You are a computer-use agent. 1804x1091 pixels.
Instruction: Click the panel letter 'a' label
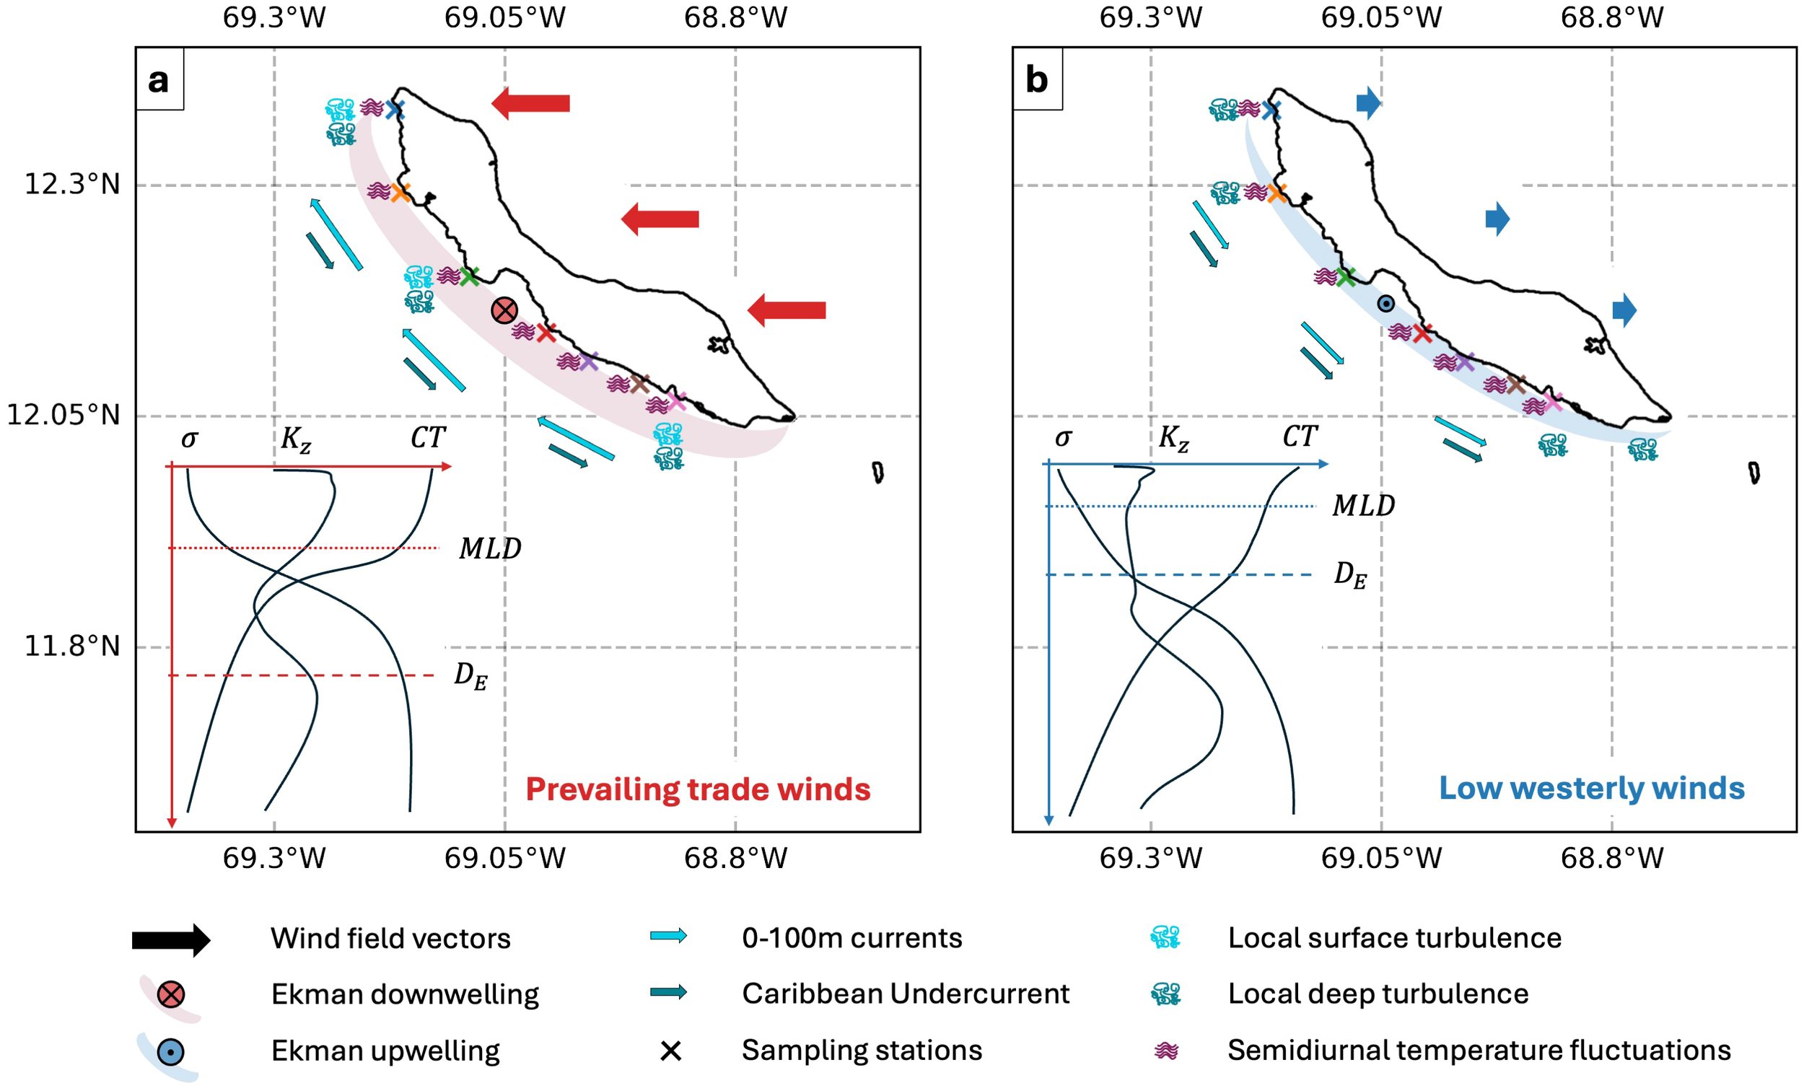point(158,80)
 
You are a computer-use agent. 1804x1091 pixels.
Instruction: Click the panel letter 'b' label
point(1036,80)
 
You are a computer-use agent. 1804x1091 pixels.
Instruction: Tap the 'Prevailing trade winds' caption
point(698,789)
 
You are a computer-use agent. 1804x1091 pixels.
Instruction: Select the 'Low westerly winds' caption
point(1592,788)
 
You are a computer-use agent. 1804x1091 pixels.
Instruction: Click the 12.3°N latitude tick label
point(71,184)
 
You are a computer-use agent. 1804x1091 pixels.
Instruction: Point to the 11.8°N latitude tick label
point(71,646)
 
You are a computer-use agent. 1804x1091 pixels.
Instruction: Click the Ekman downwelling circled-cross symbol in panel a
point(504,310)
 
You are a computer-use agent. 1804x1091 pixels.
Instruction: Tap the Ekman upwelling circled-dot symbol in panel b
point(1385,303)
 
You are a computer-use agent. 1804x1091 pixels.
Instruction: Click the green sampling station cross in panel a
point(469,276)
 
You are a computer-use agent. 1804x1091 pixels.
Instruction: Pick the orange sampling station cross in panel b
point(1276,193)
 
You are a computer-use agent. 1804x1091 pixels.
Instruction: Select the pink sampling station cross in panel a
point(675,401)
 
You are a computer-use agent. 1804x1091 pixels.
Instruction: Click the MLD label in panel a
point(490,548)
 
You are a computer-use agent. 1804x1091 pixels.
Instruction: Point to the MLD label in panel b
point(1363,505)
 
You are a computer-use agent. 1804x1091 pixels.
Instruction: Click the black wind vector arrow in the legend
point(170,939)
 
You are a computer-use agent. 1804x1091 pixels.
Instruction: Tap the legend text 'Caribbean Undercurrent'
point(905,994)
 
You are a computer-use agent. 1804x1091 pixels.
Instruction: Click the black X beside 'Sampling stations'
point(670,1051)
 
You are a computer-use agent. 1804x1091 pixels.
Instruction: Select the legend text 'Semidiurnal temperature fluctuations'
point(1479,1050)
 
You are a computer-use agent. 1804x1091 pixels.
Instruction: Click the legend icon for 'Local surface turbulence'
point(1165,937)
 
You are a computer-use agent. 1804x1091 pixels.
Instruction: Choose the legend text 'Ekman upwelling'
point(385,1051)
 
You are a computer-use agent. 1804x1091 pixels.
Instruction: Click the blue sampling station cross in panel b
point(1271,110)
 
